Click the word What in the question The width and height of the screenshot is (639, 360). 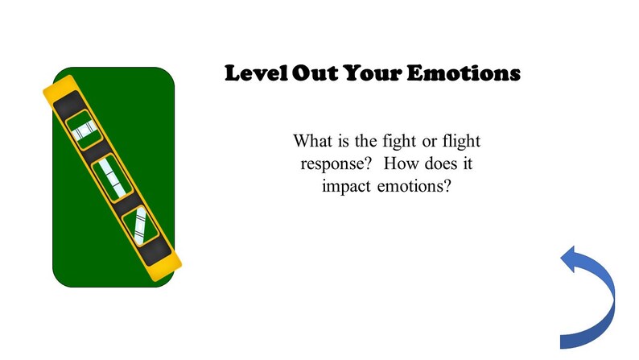pyautogui.click(x=311, y=143)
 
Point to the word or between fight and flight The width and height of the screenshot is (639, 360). pyautogui.click(x=428, y=143)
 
